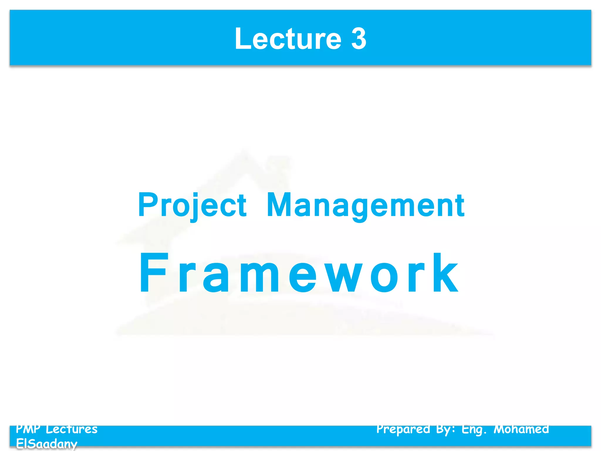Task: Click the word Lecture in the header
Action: pyautogui.click(x=288, y=39)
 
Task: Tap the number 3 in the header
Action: pyautogui.click(x=359, y=39)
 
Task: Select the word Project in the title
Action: pyautogui.click(x=192, y=205)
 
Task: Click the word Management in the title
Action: pyautogui.click(x=365, y=205)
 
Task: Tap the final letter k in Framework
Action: pyautogui.click(x=445, y=273)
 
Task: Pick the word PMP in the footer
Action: pyautogui.click(x=28, y=429)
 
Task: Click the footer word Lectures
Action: pyautogui.click(x=72, y=429)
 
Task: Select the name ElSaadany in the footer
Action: pyautogui.click(x=46, y=444)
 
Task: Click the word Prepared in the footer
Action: pyautogui.click(x=403, y=429)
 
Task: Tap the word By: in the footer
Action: pyautogui.click(x=445, y=429)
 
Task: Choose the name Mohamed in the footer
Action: pyautogui.click(x=521, y=429)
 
